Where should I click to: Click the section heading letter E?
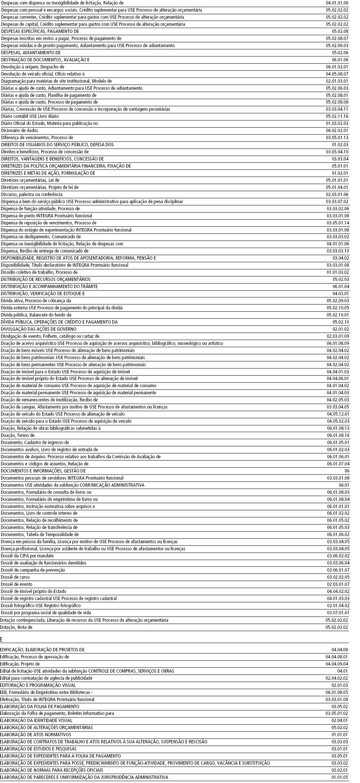pos(1,639)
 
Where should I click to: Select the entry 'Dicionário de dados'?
pos(19,131)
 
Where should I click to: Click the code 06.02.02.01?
pos(337,131)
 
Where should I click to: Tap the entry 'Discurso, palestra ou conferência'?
pos(31,195)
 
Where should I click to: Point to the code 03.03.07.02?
pos(337,202)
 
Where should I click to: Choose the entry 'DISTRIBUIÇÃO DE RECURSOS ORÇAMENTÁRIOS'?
pos(45,279)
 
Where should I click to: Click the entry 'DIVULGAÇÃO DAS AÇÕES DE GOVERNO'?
pos(38,329)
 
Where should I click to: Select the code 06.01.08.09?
pos(338,343)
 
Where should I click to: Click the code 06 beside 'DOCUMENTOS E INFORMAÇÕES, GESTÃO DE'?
pos(347,471)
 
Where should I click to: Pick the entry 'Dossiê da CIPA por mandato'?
pos(27,556)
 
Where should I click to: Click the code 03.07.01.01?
pos(338,613)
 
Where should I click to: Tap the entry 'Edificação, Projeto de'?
pos(20,664)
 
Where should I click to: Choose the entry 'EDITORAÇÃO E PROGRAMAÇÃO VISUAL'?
pos(38,685)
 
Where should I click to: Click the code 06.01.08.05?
pos(337,692)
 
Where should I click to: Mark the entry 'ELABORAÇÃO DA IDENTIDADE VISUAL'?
pos(36,721)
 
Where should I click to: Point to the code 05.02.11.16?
pos(337,116)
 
